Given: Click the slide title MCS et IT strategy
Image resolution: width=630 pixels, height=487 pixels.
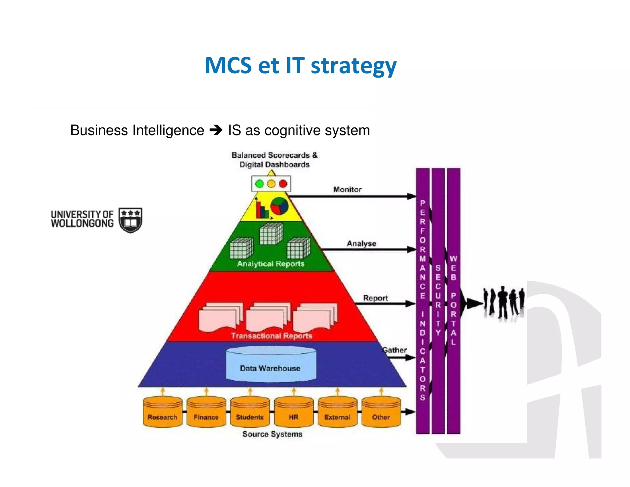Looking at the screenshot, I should (301, 66).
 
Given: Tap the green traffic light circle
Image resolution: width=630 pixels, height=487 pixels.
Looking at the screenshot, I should (260, 184).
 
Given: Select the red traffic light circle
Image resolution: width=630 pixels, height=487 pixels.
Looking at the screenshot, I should (283, 184).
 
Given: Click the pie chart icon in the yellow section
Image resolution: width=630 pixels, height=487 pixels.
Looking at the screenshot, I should (279, 206).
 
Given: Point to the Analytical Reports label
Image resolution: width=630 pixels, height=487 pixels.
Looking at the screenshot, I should (270, 264).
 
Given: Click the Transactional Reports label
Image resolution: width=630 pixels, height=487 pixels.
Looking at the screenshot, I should (272, 336).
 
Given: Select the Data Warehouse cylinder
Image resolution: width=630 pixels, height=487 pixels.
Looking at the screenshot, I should (271, 364).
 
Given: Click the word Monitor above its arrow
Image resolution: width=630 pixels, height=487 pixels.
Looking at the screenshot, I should (347, 189).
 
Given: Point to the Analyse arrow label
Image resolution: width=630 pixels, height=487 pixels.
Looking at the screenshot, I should (361, 244).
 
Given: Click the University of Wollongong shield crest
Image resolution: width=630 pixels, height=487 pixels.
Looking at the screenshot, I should (131, 220).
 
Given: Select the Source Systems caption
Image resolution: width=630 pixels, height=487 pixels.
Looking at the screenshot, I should (272, 434).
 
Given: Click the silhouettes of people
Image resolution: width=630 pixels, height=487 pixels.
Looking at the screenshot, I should (504, 303).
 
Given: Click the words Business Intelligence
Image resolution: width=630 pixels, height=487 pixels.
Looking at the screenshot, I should (137, 130).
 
